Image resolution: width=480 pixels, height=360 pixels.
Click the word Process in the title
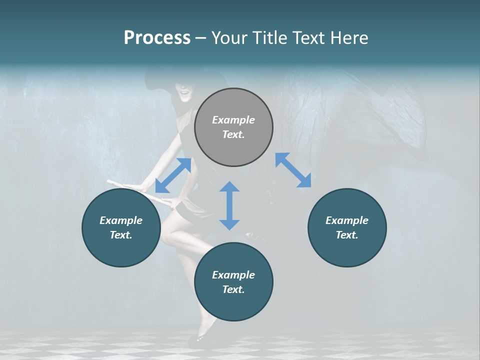click(157, 38)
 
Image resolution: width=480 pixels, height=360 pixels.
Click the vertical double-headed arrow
click(229, 205)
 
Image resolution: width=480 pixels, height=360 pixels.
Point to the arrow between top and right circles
click(293, 170)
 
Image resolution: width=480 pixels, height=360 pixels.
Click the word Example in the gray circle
click(233, 120)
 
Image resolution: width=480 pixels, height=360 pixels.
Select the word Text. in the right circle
click(347, 235)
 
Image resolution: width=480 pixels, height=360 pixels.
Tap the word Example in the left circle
click(121, 220)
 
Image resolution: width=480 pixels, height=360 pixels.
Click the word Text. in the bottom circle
click(233, 289)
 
